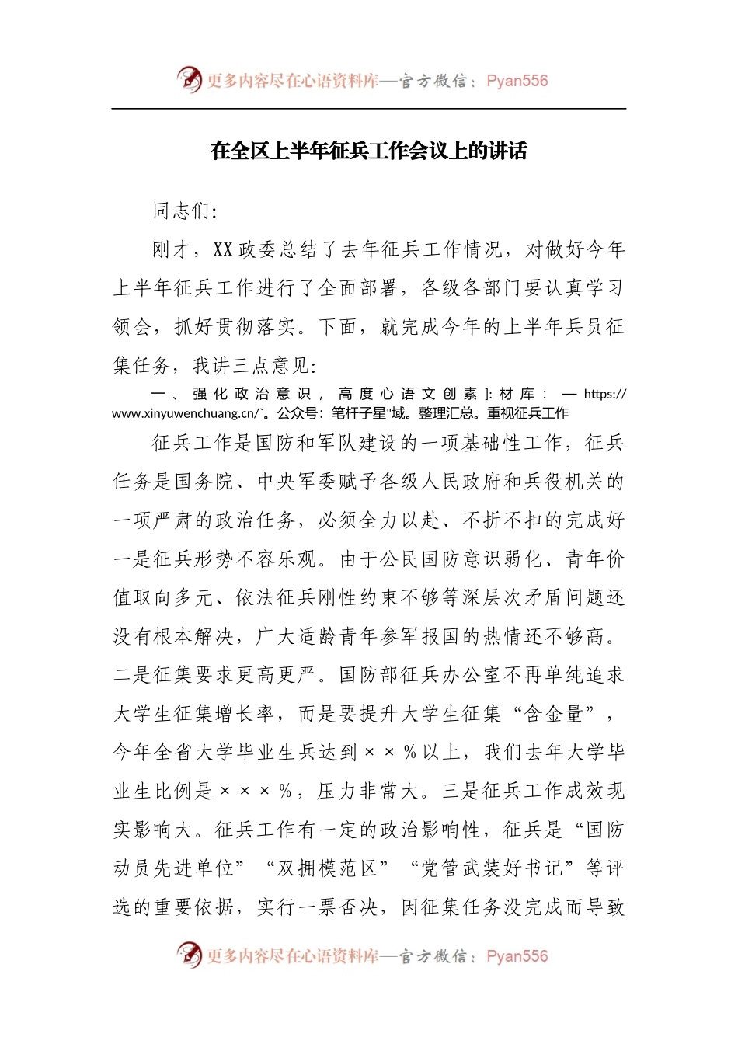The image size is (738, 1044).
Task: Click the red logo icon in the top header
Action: pos(189,79)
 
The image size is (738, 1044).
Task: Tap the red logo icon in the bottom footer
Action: pos(189,955)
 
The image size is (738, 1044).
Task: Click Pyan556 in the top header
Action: pos(517,81)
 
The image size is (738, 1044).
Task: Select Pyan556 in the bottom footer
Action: pos(517,956)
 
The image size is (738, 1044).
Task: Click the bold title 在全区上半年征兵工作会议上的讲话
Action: pos(369,151)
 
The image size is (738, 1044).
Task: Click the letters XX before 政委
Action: pos(223,249)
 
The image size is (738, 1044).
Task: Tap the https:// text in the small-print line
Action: pos(604,394)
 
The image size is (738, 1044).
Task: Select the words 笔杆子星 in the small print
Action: pos(358,413)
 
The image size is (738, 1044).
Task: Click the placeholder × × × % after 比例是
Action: pos(256,791)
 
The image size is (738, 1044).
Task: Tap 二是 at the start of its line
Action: pos(133,674)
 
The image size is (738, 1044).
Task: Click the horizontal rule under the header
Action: pos(369,109)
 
